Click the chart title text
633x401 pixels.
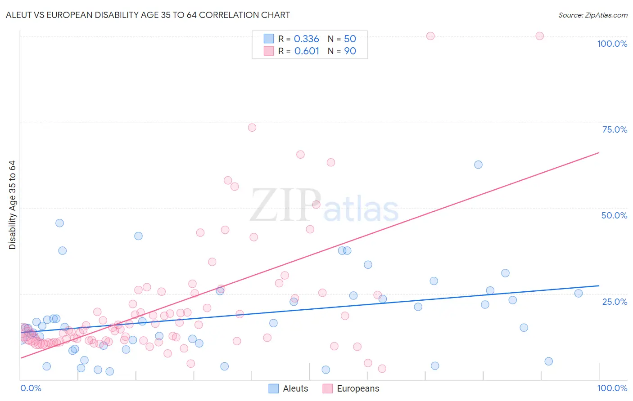click(148, 15)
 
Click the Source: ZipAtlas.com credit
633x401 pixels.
click(592, 15)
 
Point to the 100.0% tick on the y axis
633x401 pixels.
click(612, 44)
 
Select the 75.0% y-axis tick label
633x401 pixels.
click(615, 129)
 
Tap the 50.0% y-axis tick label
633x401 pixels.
click(614, 215)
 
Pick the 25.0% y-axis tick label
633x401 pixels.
click(615, 302)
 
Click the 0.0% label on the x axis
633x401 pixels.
click(31, 388)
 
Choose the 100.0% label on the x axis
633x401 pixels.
click(612, 388)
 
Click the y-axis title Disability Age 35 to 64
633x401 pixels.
click(12, 205)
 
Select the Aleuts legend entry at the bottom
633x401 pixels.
click(289, 388)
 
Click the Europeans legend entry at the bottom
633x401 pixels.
click(351, 388)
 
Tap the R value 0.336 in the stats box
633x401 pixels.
click(306, 39)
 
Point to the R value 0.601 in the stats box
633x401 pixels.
click(307, 51)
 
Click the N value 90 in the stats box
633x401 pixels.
click(350, 51)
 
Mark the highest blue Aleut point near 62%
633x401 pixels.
click(478, 165)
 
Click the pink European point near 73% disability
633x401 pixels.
click(252, 128)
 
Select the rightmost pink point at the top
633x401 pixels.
click(539, 36)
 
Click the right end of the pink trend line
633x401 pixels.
click(599, 152)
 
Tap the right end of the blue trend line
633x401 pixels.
click(599, 285)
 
